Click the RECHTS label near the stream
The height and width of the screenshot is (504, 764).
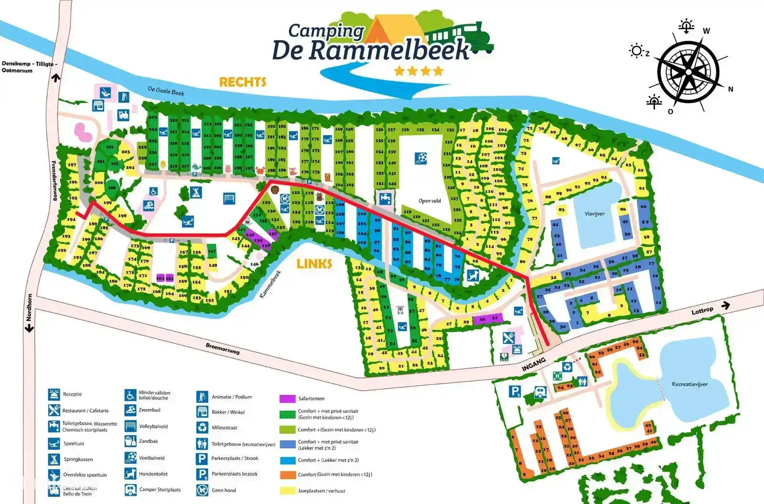(x=242, y=82)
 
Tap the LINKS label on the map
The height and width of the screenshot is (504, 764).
(x=314, y=264)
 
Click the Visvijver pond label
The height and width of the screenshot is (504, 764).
(x=594, y=214)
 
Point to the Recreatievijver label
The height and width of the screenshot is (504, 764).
(x=689, y=384)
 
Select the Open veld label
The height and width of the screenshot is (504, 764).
(x=429, y=201)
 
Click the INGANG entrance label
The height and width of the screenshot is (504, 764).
(x=534, y=365)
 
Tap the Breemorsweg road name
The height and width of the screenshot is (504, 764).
(x=223, y=349)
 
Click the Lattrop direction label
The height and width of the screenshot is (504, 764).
(x=702, y=311)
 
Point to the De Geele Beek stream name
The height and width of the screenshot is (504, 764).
(x=166, y=91)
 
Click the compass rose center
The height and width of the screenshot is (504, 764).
(x=688, y=71)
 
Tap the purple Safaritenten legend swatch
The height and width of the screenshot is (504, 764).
(x=287, y=398)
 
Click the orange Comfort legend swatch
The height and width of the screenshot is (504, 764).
(x=287, y=475)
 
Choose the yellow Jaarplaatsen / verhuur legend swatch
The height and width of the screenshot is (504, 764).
(x=287, y=491)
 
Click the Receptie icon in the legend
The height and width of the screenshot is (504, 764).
(x=54, y=395)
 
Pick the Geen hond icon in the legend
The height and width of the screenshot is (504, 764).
(x=202, y=490)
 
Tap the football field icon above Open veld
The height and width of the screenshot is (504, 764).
(x=420, y=157)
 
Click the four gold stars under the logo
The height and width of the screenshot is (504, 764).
(x=419, y=72)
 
